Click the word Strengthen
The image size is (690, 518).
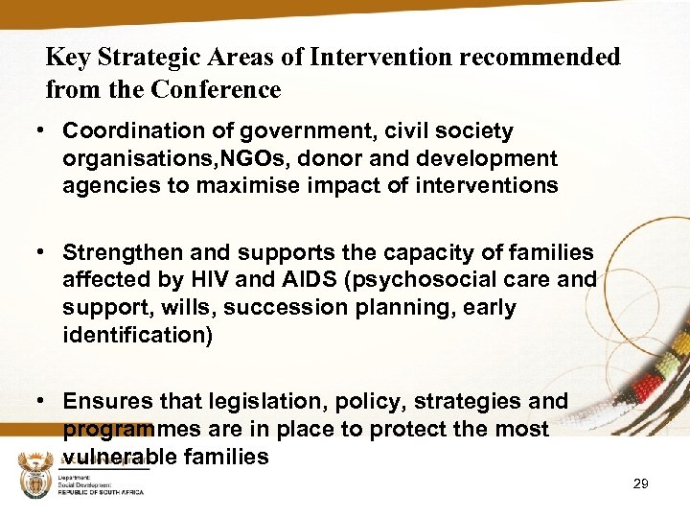click(124, 253)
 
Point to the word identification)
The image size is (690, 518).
click(137, 336)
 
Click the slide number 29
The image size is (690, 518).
click(641, 484)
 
